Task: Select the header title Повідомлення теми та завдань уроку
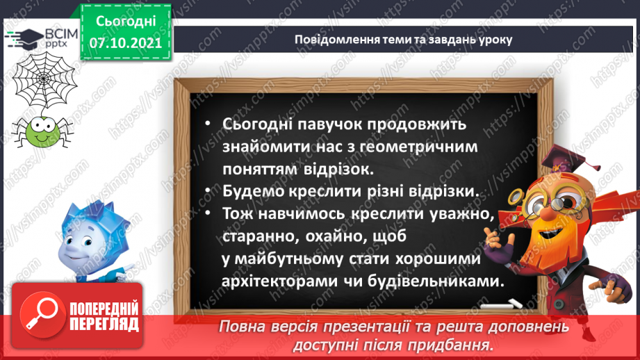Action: coord(402,39)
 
